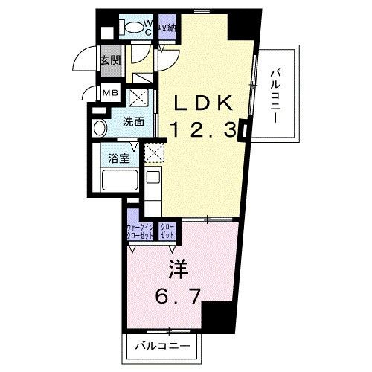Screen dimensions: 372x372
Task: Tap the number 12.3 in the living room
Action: [x=201, y=129]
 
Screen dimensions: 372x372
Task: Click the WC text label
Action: [x=148, y=28]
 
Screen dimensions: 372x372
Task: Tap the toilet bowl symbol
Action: [x=131, y=28]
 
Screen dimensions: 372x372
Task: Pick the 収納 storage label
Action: [x=167, y=28]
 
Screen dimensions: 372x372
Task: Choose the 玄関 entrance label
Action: [x=111, y=60]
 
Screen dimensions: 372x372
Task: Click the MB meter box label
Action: [x=110, y=92]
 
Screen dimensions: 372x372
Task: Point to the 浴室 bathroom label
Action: [x=120, y=158]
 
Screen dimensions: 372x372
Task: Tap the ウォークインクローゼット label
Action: [x=141, y=231]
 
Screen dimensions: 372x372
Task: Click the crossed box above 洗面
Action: [x=138, y=97]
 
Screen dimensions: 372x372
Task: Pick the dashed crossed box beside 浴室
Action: [x=153, y=153]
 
